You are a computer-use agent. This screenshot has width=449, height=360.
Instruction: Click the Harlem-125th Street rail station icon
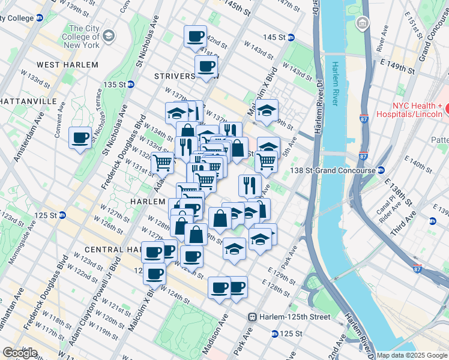coord(253,317)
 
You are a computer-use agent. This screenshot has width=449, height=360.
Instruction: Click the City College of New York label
coord(84,37)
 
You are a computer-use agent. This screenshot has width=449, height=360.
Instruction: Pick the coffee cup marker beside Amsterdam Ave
coord(80,139)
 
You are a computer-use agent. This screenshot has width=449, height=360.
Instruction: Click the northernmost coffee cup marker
coord(195,36)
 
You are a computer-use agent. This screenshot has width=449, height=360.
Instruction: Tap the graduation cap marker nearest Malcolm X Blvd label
coord(268,110)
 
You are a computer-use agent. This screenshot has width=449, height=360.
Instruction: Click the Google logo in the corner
coord(20,353)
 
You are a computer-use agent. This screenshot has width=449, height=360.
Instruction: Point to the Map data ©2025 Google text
coord(411,355)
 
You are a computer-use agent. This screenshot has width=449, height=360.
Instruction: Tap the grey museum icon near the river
coord(362,24)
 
